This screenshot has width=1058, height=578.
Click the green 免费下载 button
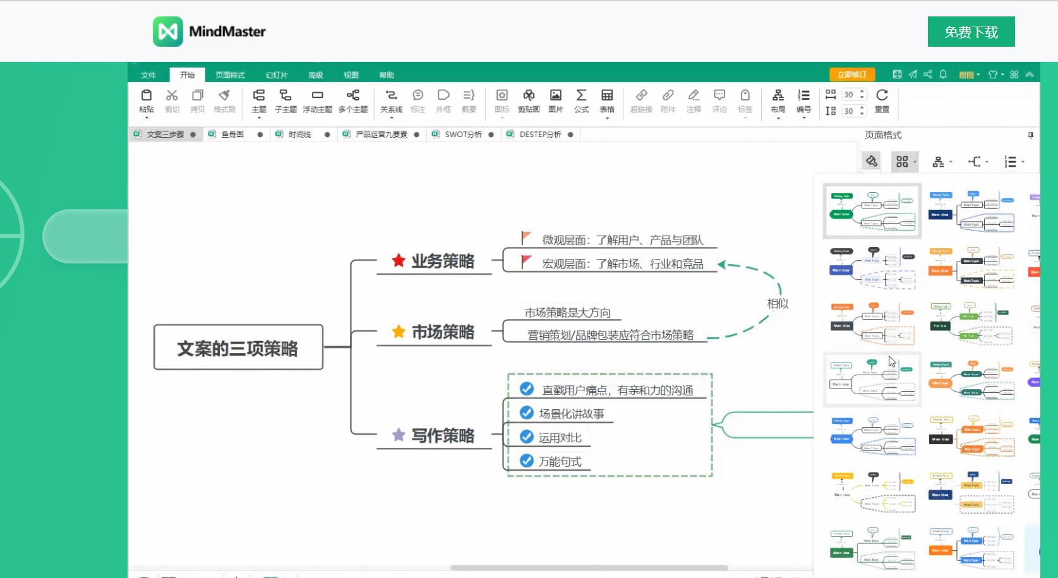click(x=971, y=32)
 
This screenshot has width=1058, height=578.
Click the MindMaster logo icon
click(x=167, y=32)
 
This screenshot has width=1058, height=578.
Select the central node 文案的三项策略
click(x=238, y=347)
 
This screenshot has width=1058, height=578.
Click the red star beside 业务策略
click(x=399, y=260)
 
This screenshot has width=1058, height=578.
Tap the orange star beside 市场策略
click(x=399, y=331)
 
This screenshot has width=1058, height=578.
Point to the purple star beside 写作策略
click(x=399, y=435)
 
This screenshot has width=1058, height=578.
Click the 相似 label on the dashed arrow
click(x=778, y=304)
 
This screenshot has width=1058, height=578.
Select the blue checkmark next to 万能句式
click(x=527, y=461)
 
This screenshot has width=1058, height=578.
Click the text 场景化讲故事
click(x=572, y=414)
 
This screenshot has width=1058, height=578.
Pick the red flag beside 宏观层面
click(x=526, y=261)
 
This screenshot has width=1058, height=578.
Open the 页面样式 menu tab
click(x=230, y=75)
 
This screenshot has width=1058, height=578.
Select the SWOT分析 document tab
click(x=463, y=135)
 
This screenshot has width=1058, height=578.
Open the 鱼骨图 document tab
click(x=232, y=135)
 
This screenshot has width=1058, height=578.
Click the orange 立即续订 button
click(x=851, y=75)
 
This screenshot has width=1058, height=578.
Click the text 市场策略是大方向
click(x=567, y=313)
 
